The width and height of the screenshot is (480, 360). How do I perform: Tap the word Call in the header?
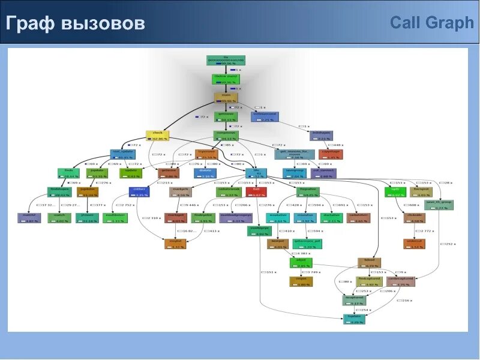coord(408,23)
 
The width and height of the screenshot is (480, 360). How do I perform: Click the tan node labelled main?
coord(226,98)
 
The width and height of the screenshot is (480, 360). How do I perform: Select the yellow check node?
coord(158,136)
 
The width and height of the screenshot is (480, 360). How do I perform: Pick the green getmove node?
coord(226,116)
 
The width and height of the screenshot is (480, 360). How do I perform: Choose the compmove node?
coord(226,136)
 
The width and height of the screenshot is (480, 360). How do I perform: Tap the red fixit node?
coord(256,192)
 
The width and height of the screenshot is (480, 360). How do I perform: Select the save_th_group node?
coord(439,205)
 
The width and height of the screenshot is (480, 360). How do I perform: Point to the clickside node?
coord(415,217)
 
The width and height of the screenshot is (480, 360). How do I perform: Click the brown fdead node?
coord(369,262)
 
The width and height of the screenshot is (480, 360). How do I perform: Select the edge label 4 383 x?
coord(301,253)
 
